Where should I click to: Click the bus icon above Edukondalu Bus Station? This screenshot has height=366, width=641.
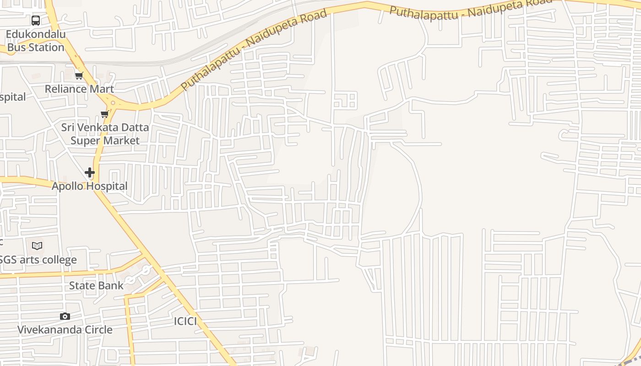pyautogui.click(x=36, y=21)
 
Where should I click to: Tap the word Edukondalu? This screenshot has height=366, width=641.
pyautogui.click(x=36, y=34)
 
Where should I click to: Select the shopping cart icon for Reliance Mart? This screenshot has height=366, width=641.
pyautogui.click(x=79, y=75)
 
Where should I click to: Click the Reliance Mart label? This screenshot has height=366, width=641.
pyautogui.click(x=79, y=89)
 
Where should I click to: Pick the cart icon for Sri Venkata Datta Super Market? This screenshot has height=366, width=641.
pyautogui.click(x=104, y=114)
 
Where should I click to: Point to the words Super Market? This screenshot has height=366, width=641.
pyautogui.click(x=105, y=140)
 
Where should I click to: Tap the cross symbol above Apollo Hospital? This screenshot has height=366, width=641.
pyautogui.click(x=90, y=172)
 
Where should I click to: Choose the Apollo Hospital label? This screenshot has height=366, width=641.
pyautogui.click(x=89, y=186)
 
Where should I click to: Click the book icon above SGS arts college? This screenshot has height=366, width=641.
pyautogui.click(x=37, y=246)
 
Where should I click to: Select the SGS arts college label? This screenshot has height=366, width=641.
pyautogui.click(x=38, y=260)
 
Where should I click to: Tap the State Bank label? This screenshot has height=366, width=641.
pyautogui.click(x=96, y=286)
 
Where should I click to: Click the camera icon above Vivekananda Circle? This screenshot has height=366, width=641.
pyautogui.click(x=65, y=316)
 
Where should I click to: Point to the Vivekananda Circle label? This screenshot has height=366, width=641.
pyautogui.click(x=65, y=329)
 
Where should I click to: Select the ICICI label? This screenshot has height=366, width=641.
pyautogui.click(x=185, y=321)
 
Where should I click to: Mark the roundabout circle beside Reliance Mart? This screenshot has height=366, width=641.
pyautogui.click(x=113, y=103)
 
